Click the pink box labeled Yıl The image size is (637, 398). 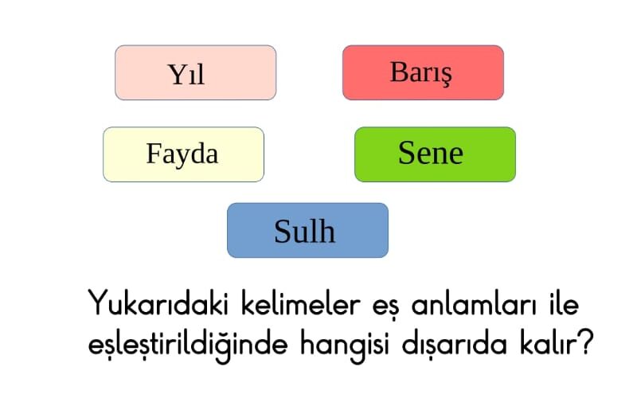click(x=195, y=72)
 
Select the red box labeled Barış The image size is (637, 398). click(x=423, y=72)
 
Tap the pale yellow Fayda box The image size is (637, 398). click(x=184, y=154)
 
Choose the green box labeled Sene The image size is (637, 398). click(x=435, y=154)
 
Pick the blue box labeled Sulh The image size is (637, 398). click(x=307, y=230)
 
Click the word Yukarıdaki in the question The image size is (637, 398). click(x=158, y=303)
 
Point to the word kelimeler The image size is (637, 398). click(x=301, y=303)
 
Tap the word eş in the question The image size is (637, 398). click(x=386, y=306)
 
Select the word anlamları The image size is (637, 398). click(x=474, y=304)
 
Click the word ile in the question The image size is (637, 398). click(x=564, y=303)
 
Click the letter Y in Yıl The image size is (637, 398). click(x=177, y=75)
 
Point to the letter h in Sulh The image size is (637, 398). click(x=326, y=231)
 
